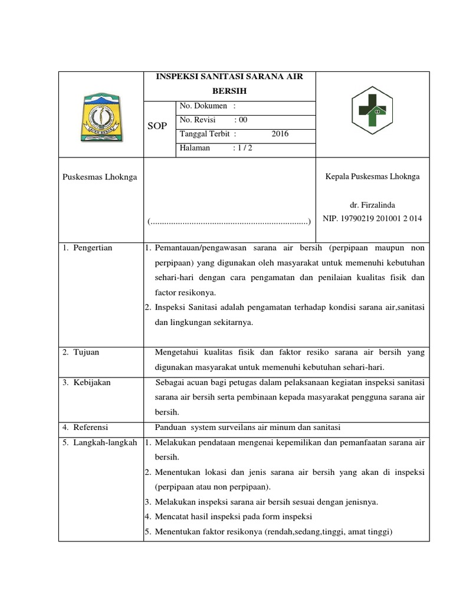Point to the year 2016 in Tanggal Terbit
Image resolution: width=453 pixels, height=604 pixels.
point(280,134)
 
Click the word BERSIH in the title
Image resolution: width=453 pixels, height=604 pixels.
point(229,91)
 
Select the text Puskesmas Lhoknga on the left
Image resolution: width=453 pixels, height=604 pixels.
point(99,177)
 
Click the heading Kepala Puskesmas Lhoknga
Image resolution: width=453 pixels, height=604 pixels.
point(373,176)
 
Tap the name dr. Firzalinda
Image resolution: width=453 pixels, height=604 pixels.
point(373,205)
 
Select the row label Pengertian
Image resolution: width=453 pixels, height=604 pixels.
point(93,248)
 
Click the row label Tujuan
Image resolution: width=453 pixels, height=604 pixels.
point(86,352)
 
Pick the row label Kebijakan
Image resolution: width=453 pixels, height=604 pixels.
point(91,382)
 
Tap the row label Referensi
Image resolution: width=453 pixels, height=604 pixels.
point(90,427)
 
